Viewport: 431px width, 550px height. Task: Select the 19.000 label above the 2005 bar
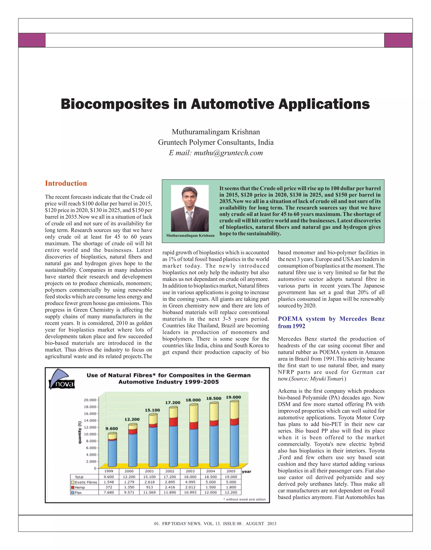click(233, 397)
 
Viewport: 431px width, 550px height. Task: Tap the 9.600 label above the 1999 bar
click(112, 428)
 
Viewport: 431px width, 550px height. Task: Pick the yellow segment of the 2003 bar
click(194, 413)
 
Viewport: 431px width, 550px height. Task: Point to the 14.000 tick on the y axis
click(90, 420)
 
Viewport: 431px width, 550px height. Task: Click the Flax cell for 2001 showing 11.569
click(149, 492)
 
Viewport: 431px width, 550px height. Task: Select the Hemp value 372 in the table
click(109, 487)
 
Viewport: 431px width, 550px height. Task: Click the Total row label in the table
click(79, 477)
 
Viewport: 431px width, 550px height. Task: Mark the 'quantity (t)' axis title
click(80, 432)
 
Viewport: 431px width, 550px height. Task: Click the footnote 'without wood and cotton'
click(245, 499)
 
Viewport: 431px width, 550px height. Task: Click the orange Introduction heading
click(66, 183)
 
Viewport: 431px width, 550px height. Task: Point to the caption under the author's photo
click(190, 235)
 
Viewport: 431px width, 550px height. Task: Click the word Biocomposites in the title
click(115, 104)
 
